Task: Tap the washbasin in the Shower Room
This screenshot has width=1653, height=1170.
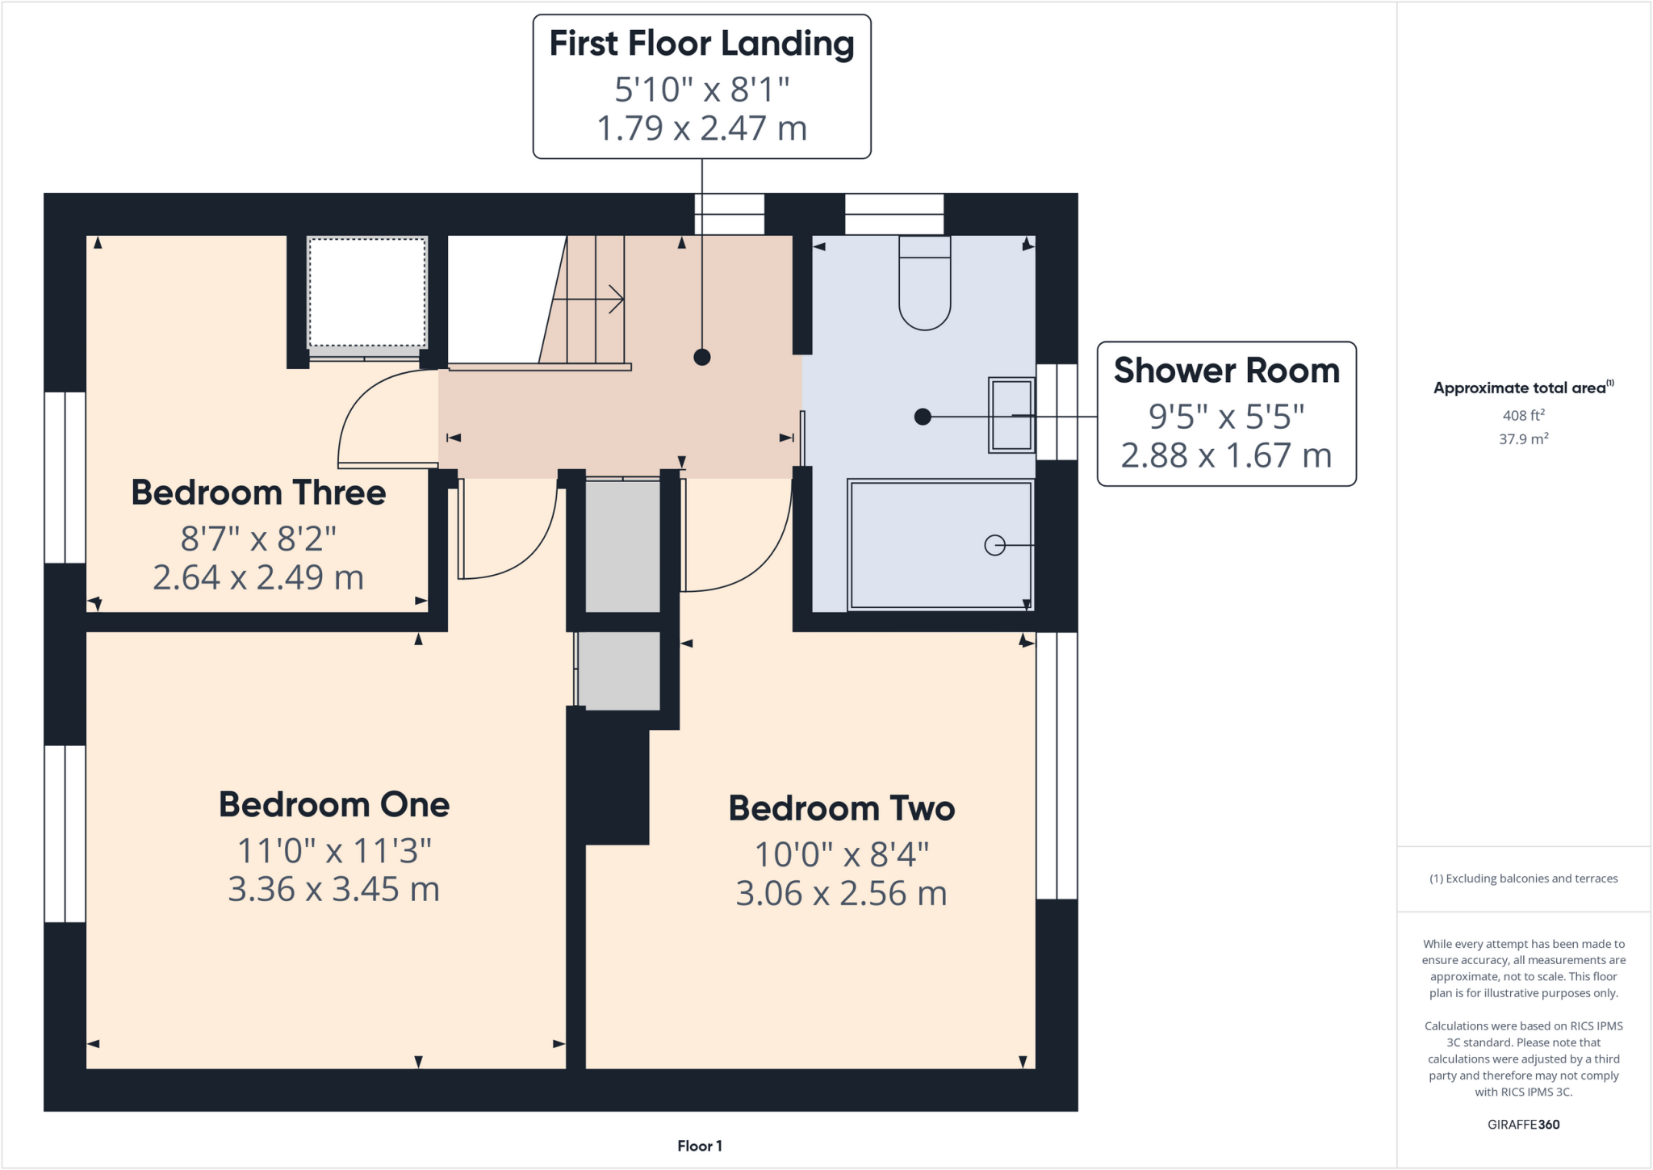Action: pos(1011,415)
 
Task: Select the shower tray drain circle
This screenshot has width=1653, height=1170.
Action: pos(994,546)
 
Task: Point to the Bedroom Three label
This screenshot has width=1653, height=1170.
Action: pos(258,493)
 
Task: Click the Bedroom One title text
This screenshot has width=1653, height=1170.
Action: pos(334,805)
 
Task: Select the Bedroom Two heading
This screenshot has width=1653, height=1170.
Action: pos(841,808)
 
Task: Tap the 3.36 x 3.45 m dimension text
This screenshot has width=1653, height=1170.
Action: pos(334,890)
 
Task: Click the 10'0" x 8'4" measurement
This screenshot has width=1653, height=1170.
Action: pos(841,854)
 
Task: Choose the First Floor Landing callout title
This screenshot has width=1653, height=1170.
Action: pos(701,44)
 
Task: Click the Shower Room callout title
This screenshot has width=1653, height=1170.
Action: pos(1226,371)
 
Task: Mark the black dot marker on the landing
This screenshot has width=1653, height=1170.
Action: pos(701,357)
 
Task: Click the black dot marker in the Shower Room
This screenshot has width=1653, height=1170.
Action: pos(923,417)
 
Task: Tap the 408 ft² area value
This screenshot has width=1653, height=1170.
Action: pos(1523,415)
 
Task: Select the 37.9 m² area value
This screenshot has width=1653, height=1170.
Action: pos(1523,439)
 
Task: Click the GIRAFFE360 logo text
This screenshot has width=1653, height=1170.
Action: pos(1523,1124)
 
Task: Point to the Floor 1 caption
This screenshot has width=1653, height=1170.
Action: pos(699,1146)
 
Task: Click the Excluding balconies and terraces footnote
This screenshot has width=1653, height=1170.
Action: pos(1523,879)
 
